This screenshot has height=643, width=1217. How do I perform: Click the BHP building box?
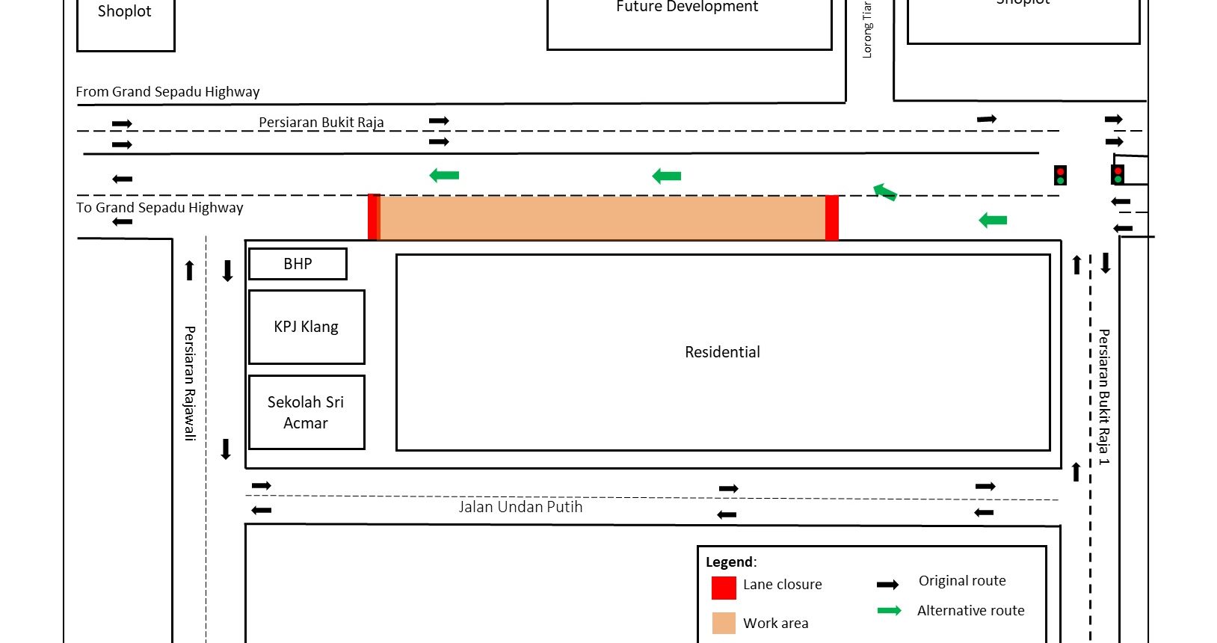click(x=298, y=264)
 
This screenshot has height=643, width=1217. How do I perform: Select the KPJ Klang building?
click(x=306, y=327)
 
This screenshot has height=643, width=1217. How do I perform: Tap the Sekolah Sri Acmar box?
click(x=306, y=412)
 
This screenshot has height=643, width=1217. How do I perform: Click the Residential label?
click(x=722, y=352)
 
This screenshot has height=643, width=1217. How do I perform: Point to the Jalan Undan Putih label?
click(x=520, y=507)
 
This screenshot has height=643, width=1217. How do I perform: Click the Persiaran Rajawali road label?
click(x=190, y=383)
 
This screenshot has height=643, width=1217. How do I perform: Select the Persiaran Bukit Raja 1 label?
click(x=1103, y=396)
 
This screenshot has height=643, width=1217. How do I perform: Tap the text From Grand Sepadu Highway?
click(x=167, y=92)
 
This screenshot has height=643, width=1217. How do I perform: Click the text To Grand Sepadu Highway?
click(x=159, y=208)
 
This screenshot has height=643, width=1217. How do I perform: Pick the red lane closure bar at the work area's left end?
click(x=374, y=217)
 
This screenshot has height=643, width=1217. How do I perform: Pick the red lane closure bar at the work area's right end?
click(x=831, y=218)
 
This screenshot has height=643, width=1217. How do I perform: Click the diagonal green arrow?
click(x=885, y=192)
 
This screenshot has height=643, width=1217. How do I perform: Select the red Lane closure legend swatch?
click(x=724, y=588)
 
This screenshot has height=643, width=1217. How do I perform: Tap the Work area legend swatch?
click(x=724, y=623)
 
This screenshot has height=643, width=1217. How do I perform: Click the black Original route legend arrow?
click(x=887, y=585)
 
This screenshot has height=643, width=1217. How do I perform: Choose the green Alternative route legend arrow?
click(x=889, y=611)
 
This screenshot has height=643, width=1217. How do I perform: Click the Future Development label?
click(x=687, y=7)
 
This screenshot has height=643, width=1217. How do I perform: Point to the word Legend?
click(x=730, y=562)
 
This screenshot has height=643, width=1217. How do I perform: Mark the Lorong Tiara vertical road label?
click(x=867, y=30)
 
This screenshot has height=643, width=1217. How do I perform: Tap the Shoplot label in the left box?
click(x=124, y=11)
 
